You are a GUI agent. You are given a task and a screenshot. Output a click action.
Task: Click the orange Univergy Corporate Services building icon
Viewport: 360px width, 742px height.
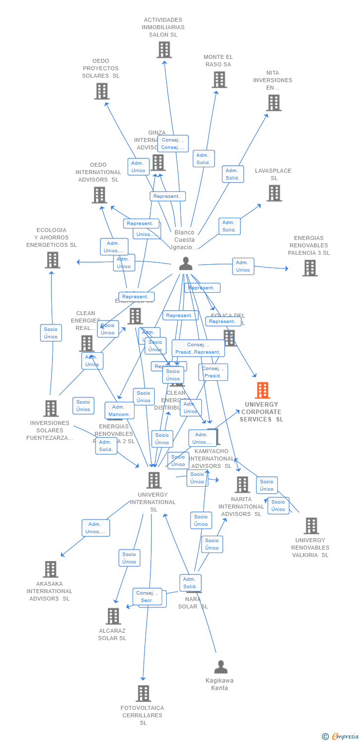click(x=263, y=390)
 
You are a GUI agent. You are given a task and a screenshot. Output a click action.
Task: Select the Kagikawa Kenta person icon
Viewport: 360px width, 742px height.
click(x=221, y=667)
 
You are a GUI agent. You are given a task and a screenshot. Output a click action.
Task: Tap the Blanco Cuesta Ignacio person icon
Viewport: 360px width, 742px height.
click(x=186, y=264)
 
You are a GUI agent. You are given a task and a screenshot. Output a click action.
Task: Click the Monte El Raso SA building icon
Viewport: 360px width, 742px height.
click(x=219, y=80)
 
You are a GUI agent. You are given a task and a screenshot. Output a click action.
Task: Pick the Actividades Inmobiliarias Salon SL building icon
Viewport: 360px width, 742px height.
click(x=164, y=49)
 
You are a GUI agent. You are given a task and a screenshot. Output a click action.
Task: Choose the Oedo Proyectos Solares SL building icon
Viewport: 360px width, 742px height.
click(x=101, y=91)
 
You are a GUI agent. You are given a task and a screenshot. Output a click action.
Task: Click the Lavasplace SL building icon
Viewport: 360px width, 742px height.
click(x=274, y=193)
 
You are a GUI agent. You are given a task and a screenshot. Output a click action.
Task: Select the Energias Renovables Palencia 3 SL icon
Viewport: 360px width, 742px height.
click(x=310, y=268)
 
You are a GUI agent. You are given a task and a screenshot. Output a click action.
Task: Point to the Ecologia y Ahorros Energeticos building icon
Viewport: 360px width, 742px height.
click(x=52, y=260)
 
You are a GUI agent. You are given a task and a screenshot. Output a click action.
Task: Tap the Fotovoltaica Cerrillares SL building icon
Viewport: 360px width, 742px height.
click(x=143, y=693)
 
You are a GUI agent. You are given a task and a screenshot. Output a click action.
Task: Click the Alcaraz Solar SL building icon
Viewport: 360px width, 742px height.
click(x=113, y=616)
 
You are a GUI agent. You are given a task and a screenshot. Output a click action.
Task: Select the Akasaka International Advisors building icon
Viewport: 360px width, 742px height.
click(x=50, y=569)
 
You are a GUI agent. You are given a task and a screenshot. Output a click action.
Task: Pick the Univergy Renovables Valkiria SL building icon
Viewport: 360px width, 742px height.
click(x=311, y=525)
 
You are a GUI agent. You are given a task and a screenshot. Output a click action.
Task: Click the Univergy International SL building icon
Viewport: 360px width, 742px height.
click(x=154, y=480)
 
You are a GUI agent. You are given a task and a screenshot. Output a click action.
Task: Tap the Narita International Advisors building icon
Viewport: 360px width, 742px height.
click(x=242, y=484)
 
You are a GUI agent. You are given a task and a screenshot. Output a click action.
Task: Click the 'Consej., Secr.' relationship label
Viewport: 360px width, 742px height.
click(x=147, y=597)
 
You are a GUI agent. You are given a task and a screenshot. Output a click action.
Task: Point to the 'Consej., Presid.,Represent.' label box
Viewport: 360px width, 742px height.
click(x=198, y=348)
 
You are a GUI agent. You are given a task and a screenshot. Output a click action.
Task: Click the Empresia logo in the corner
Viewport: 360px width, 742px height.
click(x=341, y=737)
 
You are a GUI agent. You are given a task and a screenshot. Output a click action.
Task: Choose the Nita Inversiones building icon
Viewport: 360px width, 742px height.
click(x=273, y=102)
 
